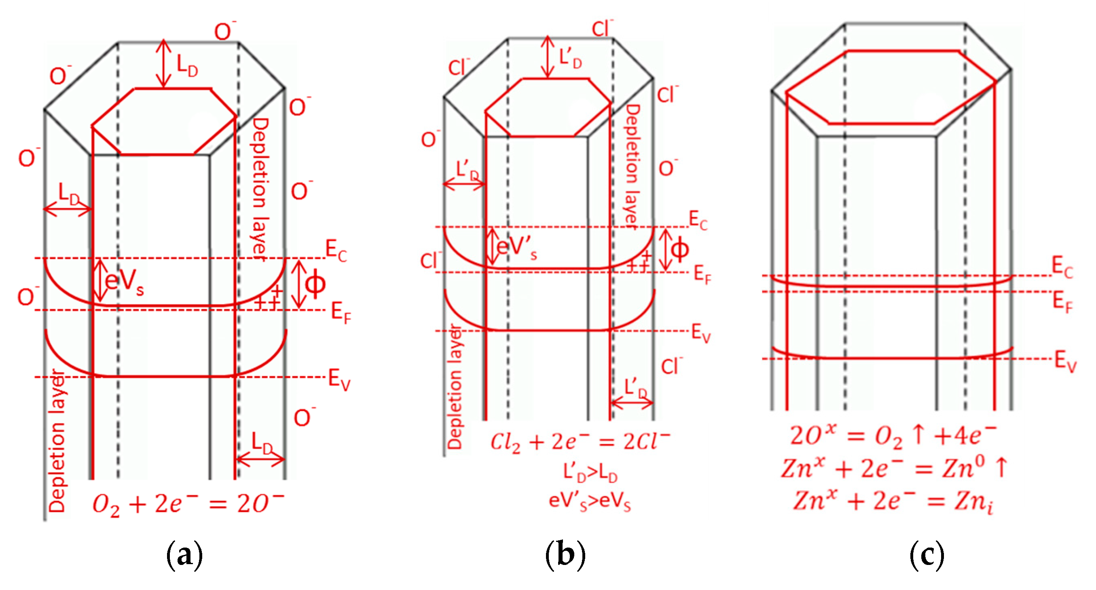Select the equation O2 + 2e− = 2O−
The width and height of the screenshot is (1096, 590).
pyautogui.click(x=188, y=505)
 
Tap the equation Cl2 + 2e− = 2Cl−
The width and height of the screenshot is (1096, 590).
pyautogui.click(x=580, y=442)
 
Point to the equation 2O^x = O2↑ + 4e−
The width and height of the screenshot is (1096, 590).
pyautogui.click(x=893, y=436)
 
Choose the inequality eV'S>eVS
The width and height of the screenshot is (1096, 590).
pyautogui.click(x=590, y=501)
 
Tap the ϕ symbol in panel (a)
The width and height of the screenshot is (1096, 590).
pyautogui.click(x=315, y=284)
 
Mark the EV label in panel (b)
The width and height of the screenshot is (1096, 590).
pyautogui.click(x=701, y=333)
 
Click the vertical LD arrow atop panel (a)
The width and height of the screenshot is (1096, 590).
pyautogui.click(x=164, y=64)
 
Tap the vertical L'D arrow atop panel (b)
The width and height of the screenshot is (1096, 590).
pyautogui.click(x=548, y=57)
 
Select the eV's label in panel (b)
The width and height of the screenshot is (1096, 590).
pyautogui.click(x=516, y=247)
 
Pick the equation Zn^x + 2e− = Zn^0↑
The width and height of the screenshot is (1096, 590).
pyautogui.click(x=893, y=468)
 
